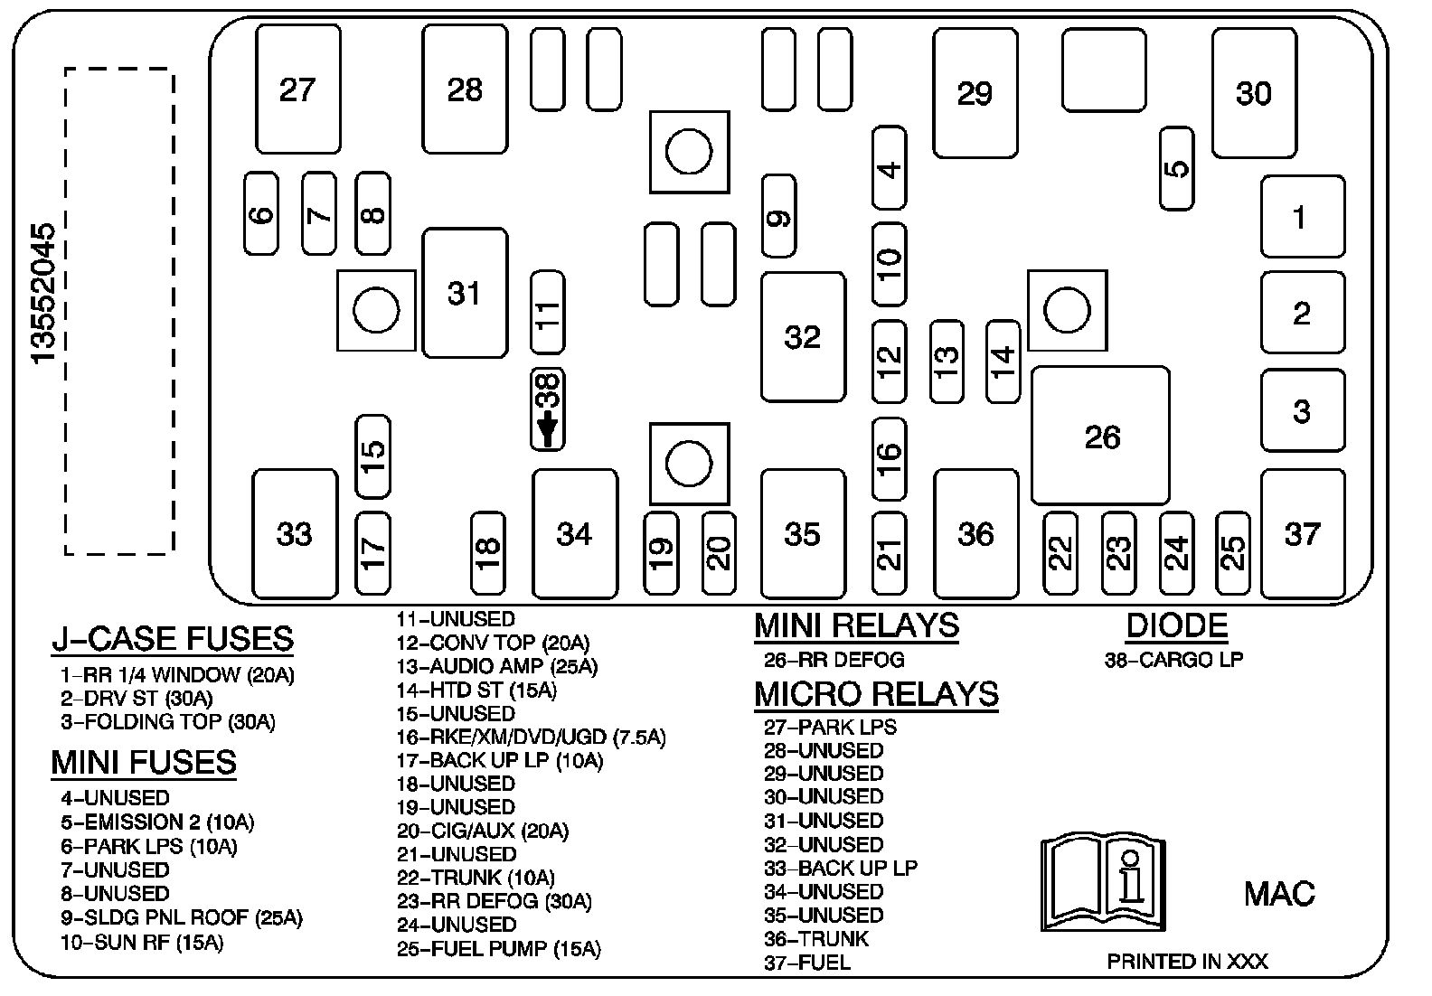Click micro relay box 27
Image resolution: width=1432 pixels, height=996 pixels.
297,89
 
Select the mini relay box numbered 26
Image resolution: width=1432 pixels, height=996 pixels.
1100,436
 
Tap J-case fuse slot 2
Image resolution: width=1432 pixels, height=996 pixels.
1302,313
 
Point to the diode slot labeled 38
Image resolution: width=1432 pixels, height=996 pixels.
547,409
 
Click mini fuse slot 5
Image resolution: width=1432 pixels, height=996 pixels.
1176,169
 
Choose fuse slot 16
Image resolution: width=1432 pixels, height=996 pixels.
889,458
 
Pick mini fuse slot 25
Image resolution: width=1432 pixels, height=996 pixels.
1232,552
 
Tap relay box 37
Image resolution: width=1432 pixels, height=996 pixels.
1302,534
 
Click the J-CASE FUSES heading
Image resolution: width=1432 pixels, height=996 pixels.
173,638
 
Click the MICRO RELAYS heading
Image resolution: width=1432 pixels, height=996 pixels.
876,694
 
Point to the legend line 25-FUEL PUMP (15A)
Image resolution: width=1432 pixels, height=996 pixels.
498,949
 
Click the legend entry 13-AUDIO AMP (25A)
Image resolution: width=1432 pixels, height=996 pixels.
496,667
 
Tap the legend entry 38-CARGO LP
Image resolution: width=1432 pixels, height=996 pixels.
1173,660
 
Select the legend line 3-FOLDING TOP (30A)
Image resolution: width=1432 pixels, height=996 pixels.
168,722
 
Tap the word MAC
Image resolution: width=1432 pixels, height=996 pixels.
1279,894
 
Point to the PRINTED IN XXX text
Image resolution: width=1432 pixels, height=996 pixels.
1187,962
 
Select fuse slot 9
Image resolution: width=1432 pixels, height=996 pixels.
778,216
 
